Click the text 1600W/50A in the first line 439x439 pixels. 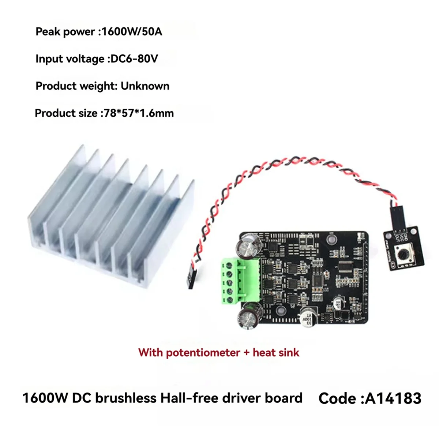[x=131, y=32]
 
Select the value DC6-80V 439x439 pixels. [x=134, y=59]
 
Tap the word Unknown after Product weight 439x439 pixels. [x=145, y=86]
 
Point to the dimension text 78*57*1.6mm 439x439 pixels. [x=139, y=113]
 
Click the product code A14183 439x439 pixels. [x=393, y=398]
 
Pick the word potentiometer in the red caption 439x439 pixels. [x=203, y=353]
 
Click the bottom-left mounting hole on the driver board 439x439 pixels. [x=280, y=311]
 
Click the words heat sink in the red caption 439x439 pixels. [x=276, y=353]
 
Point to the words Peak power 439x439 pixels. [x=65, y=32]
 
